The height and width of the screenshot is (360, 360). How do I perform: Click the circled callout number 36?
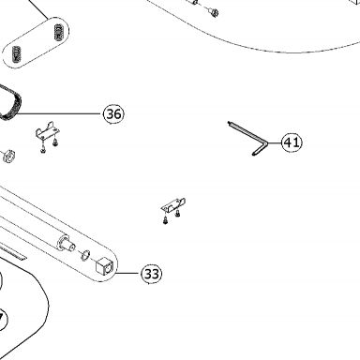113,113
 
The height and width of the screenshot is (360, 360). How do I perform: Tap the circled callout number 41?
292,142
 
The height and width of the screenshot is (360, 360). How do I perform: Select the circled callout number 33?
152,274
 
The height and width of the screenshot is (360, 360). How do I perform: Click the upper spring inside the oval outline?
58,32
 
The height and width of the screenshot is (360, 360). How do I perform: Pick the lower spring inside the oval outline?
16,54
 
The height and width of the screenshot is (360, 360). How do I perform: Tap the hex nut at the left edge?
7,157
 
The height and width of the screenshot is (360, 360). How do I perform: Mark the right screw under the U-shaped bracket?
55,143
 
